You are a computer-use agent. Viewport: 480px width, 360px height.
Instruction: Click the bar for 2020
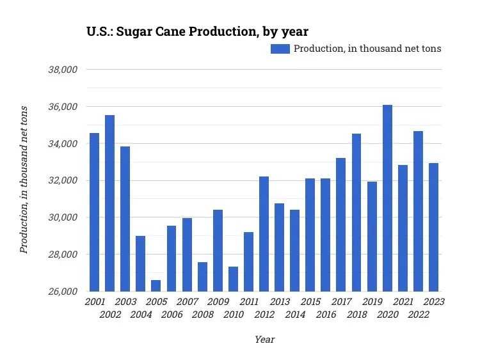[387, 198]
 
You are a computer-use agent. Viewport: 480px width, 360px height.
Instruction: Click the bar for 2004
[141, 263]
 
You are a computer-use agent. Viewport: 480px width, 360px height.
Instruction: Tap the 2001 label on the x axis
[95, 301]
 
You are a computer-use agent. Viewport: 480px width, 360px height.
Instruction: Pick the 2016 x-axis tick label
[326, 315]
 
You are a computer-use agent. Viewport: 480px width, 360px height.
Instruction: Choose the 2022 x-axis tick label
[418, 315]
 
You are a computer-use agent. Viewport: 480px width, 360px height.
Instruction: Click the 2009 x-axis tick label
[218, 301]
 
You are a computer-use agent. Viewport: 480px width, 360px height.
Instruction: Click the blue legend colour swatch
[280, 49]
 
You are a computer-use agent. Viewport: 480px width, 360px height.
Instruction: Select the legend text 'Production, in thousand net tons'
[367, 49]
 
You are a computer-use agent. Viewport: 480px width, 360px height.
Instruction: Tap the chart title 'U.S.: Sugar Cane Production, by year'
[198, 31]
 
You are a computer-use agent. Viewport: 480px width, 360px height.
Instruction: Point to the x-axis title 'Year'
[264, 340]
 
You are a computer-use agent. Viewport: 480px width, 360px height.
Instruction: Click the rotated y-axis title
[24, 180]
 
